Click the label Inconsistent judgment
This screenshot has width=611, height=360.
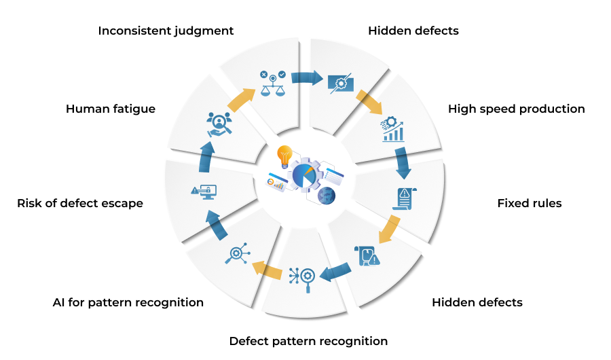(166, 31)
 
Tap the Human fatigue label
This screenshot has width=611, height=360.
(111, 109)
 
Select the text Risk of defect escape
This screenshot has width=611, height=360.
(80, 203)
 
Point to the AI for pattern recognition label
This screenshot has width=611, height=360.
(128, 303)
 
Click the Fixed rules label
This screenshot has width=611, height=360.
(530, 203)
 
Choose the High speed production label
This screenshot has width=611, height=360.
(517, 109)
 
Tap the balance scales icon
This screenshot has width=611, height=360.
(273, 84)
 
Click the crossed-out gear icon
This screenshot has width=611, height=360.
(341, 84)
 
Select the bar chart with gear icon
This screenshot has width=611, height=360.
(392, 130)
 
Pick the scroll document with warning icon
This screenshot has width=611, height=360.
(405, 198)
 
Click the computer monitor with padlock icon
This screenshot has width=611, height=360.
(204, 192)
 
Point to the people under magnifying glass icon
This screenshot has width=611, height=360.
(219, 124)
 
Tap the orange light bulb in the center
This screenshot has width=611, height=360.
(285, 157)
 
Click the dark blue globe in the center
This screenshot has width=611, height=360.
(327, 196)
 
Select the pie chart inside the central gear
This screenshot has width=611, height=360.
(304, 175)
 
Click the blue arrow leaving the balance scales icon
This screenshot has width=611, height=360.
(307, 77)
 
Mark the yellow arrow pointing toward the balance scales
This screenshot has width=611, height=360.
(242, 99)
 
